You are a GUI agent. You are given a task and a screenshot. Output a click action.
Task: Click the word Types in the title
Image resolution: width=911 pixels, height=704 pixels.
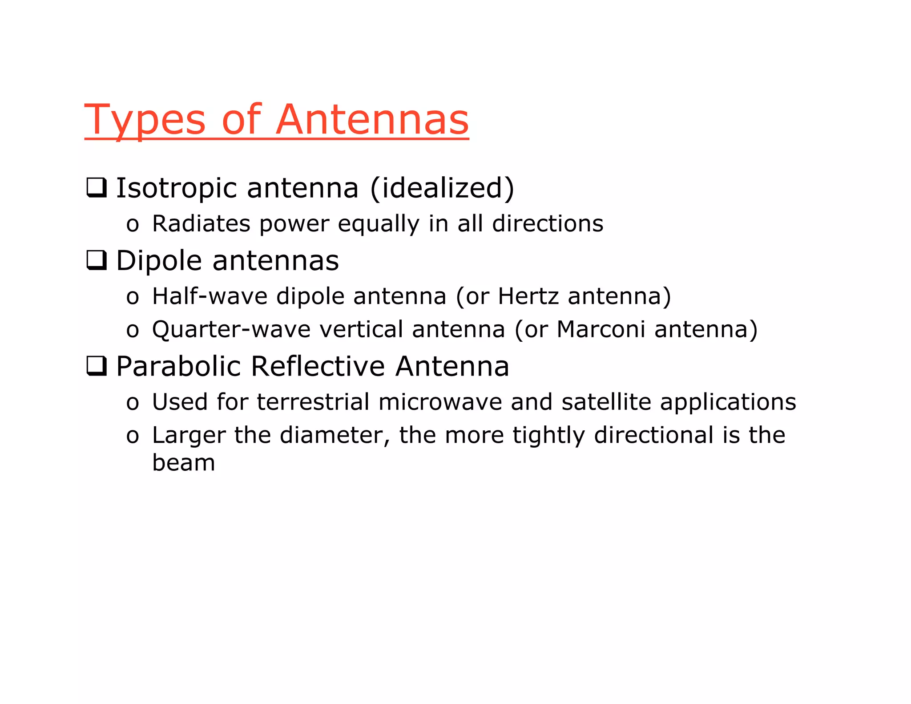tap(145, 120)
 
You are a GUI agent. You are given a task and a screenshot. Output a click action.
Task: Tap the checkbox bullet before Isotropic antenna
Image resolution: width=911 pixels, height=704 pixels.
tap(96, 188)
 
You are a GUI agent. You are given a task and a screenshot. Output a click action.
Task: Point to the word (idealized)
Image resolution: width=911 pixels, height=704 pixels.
tap(442, 188)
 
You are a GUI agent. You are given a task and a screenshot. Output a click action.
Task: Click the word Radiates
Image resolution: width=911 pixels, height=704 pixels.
tap(201, 223)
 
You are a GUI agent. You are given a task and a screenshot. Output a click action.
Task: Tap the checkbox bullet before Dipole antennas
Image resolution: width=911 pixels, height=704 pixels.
tap(96, 260)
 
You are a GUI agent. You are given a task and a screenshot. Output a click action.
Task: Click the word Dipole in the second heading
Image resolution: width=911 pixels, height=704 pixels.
tap(159, 261)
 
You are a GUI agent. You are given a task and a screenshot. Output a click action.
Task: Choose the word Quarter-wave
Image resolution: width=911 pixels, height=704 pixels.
tap(231, 330)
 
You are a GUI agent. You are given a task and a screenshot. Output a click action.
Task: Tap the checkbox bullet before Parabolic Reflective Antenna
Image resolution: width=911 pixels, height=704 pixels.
tap(96, 366)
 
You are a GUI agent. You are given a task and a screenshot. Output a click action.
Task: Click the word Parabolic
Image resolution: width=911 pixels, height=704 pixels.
tap(178, 367)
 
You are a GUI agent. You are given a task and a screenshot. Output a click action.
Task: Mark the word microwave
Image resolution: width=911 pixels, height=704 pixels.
tap(439, 402)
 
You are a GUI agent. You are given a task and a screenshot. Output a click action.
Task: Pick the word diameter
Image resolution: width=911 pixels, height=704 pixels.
tap(335, 435)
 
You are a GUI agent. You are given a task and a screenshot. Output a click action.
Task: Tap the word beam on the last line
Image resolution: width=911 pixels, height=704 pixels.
tap(183, 463)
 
